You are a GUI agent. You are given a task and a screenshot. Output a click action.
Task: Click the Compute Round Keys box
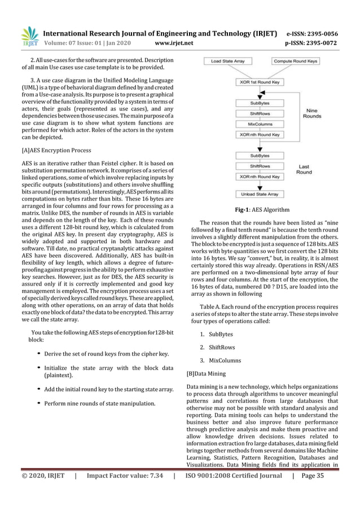click(x=296, y=60)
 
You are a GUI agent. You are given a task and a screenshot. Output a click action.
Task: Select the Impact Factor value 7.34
click(x=125, y=492)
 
